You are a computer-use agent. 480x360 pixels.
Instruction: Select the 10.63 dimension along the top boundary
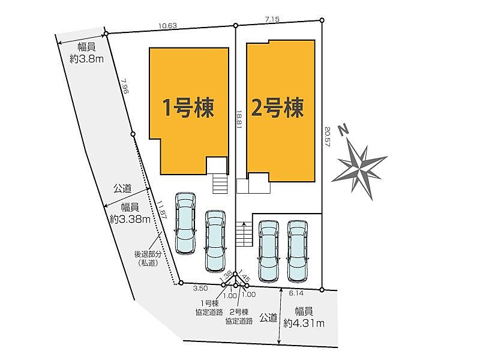coord(167,26)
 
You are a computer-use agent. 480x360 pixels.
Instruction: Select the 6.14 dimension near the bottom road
coord(296,294)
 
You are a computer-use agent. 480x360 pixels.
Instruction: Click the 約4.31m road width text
coord(304,317)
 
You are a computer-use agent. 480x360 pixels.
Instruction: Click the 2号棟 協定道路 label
coord(239,317)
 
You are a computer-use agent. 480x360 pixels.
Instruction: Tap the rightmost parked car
coord(297,251)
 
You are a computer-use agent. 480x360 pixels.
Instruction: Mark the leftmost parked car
coord(185,223)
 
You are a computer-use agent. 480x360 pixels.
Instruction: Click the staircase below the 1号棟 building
coord(220,182)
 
